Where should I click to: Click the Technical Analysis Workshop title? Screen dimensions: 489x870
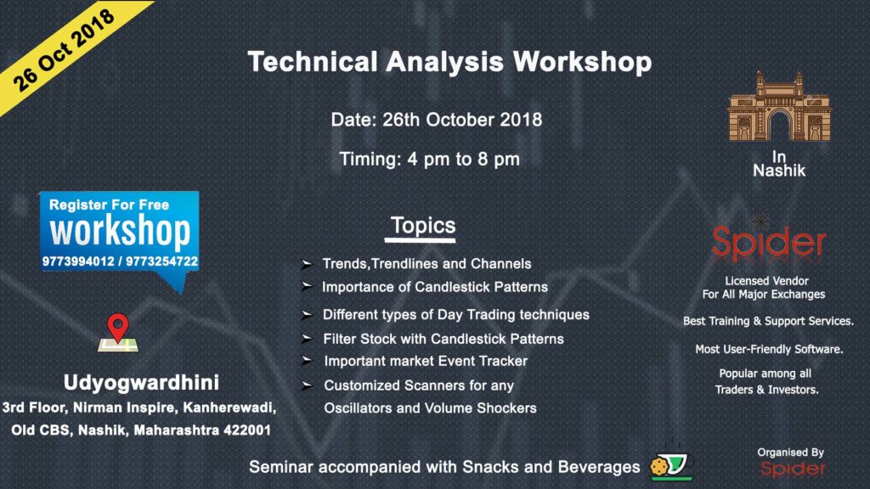pos(449,62)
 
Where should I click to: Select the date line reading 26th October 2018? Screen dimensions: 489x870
pos(436,119)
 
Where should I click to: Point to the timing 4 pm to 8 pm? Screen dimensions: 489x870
pos(429,159)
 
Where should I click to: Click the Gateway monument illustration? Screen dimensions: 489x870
pos(777,106)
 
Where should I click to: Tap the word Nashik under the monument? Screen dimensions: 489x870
pos(779,171)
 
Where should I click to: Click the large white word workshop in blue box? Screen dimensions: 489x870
pos(120,231)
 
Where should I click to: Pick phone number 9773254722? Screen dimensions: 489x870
pos(161,261)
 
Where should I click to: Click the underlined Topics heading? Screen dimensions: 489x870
pos(423,227)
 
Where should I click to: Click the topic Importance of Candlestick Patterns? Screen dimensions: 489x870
pos(434,287)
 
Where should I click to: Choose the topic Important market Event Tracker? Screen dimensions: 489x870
pos(426,361)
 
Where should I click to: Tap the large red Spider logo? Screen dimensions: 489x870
pos(768,243)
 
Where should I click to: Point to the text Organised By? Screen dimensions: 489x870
pos(790,452)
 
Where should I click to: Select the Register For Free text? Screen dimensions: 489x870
pos(109,205)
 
